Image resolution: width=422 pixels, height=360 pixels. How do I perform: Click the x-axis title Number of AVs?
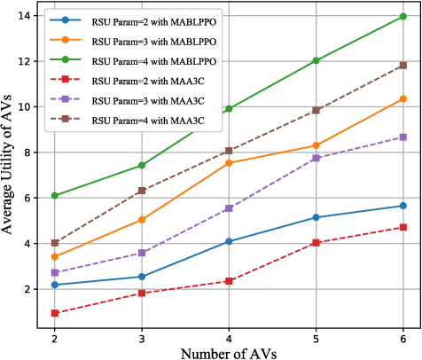click(x=229, y=352)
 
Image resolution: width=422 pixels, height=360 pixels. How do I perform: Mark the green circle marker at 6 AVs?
click(x=402, y=17)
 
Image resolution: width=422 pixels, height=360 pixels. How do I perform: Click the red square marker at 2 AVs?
click(x=55, y=313)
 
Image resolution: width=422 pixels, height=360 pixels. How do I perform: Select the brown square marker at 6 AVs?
click(x=402, y=66)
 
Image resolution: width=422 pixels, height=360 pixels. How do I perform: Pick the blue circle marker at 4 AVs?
click(x=229, y=241)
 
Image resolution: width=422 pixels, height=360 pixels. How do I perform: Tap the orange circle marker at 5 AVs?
click(x=316, y=145)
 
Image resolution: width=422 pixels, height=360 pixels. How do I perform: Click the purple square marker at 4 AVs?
click(x=229, y=208)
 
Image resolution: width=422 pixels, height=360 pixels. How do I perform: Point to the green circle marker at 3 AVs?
click(x=142, y=166)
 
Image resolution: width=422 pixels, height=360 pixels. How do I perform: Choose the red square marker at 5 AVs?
click(x=316, y=242)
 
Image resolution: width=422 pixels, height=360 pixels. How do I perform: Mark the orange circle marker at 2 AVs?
click(x=55, y=257)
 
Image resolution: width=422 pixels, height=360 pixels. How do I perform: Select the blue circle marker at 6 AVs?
click(x=402, y=206)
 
